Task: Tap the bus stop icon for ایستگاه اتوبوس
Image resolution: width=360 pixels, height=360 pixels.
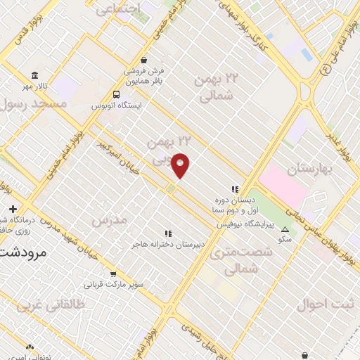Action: click(x=116, y=94)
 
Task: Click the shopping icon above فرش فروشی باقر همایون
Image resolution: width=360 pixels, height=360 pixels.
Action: click(x=144, y=60)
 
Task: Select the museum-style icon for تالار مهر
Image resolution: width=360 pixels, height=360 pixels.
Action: click(x=34, y=75)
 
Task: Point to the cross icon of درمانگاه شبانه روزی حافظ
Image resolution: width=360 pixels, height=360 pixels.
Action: click(x=13, y=209)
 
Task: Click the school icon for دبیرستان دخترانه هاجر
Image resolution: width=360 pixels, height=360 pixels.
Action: click(x=167, y=233)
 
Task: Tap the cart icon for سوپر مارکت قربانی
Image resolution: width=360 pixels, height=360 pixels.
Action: click(x=113, y=274)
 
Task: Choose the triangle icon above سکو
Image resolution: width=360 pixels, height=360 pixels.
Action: click(x=285, y=229)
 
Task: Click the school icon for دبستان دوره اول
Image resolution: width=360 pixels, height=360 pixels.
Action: click(x=235, y=188)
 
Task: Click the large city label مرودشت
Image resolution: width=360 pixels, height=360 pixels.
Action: click(x=22, y=251)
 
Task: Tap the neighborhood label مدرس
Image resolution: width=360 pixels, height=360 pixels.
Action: click(x=109, y=219)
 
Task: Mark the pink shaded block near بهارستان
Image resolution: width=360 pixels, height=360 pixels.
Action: click(x=284, y=186)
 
